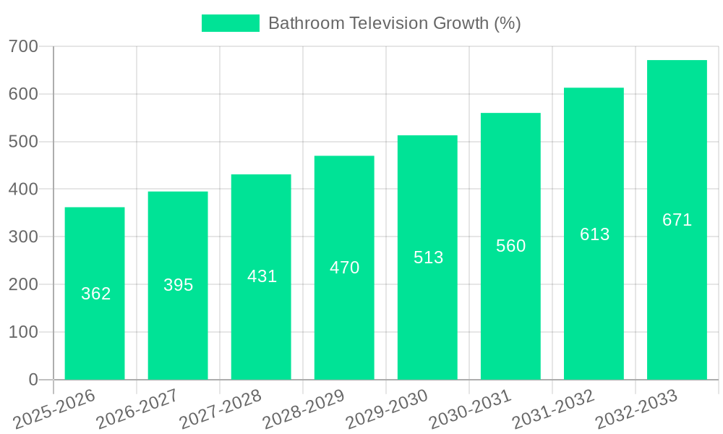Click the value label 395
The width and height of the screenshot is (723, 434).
click(178, 285)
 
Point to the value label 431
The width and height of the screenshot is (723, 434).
click(262, 276)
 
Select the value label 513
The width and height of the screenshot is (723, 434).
click(428, 258)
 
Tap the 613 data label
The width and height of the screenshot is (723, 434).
click(594, 234)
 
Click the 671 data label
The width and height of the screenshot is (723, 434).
click(677, 220)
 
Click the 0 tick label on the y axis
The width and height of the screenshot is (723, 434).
click(33, 380)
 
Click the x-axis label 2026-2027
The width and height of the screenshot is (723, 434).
click(137, 409)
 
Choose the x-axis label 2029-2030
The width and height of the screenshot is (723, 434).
click(387, 409)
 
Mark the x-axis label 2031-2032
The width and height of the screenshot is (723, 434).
click(553, 409)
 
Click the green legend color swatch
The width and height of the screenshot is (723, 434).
click(230, 23)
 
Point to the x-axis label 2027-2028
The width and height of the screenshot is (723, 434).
click(221, 409)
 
